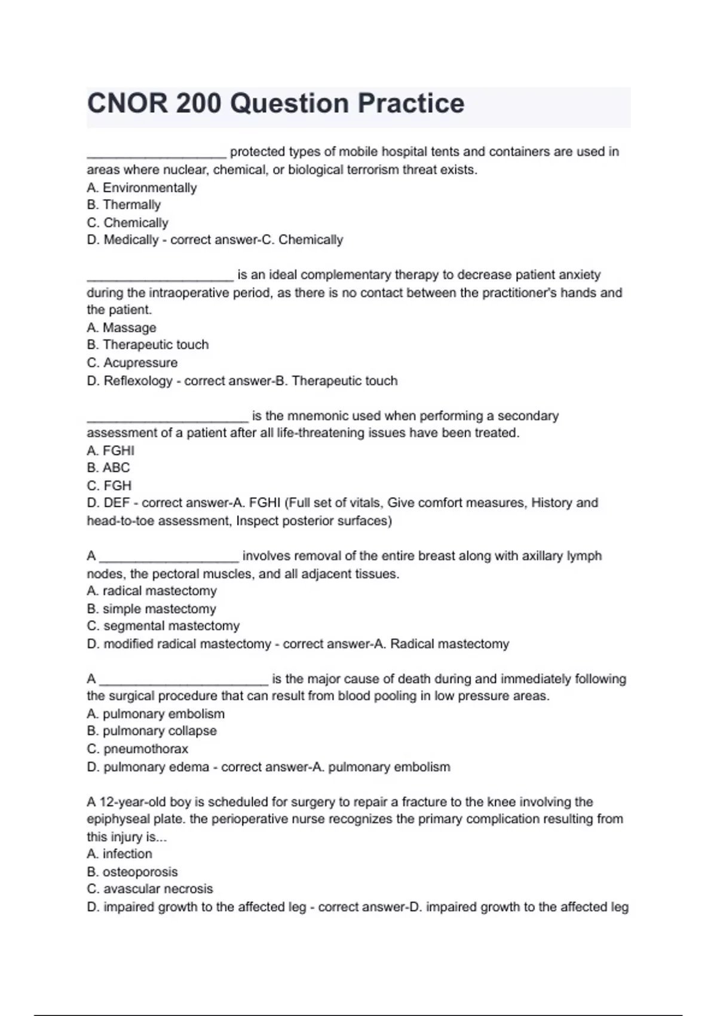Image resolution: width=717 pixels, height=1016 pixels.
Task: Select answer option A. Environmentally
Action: [x=142, y=188]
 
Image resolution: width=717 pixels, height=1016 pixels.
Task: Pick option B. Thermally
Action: [x=124, y=205]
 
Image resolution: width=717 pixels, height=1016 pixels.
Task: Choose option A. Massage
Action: [x=121, y=328]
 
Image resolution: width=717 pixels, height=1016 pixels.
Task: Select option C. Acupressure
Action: [x=132, y=363]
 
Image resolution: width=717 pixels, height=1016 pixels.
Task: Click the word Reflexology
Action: [x=138, y=381]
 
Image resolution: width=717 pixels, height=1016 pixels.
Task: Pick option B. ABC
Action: [x=108, y=468]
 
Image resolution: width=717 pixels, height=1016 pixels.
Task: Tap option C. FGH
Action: [x=109, y=485]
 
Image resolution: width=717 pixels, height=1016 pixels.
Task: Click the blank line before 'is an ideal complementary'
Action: [x=160, y=276]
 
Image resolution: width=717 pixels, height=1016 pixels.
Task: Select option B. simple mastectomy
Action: [x=151, y=609]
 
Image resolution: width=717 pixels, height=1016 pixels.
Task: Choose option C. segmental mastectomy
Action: [x=163, y=626]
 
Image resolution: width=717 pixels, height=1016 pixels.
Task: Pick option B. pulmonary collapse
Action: [x=152, y=731]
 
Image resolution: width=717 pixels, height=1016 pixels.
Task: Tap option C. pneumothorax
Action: [x=137, y=749]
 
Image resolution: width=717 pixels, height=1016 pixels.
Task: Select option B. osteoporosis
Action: [x=132, y=872]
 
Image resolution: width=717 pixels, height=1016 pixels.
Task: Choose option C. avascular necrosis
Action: [x=150, y=889]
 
